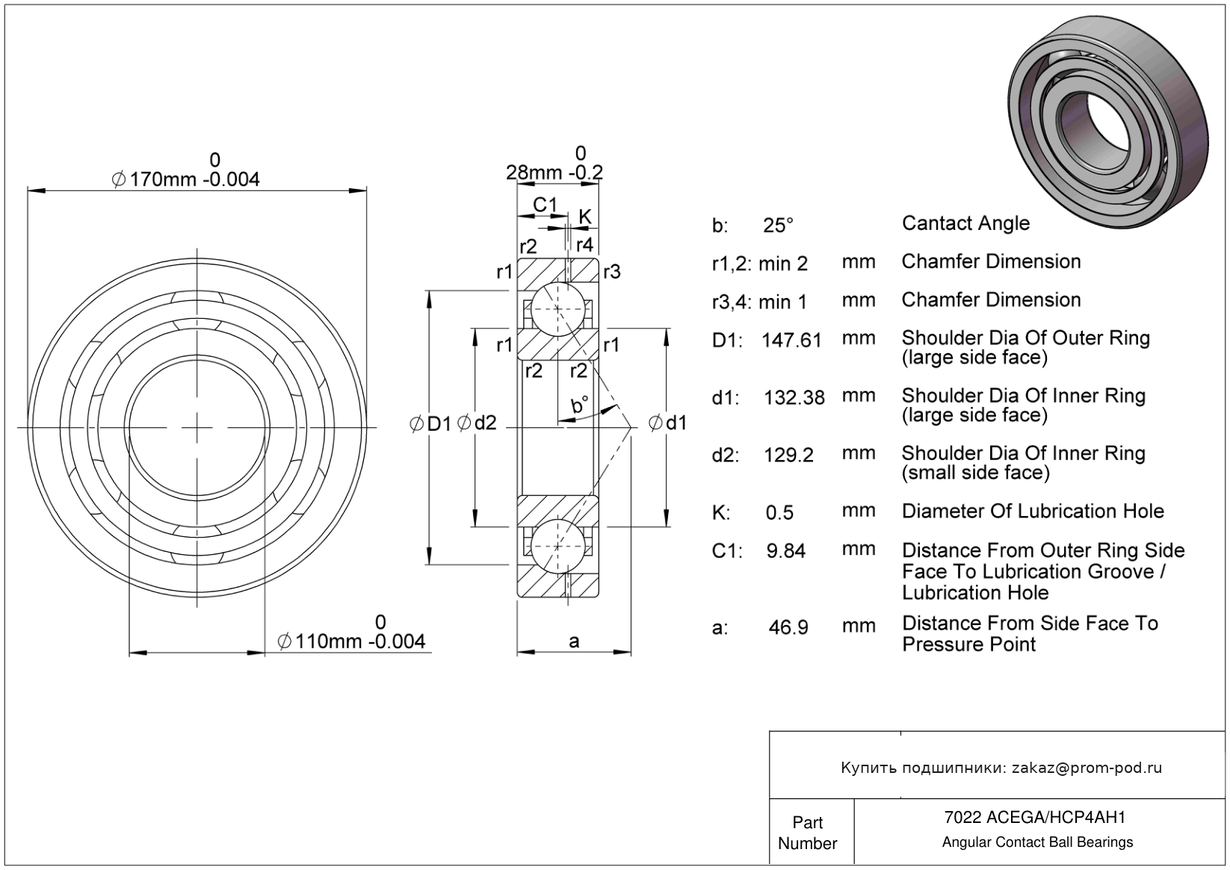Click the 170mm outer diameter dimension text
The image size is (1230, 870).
point(186,179)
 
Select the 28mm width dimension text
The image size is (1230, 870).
point(554,173)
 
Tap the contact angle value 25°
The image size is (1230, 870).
point(778,225)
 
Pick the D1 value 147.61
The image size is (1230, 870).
point(791,341)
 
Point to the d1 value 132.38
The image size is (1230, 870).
point(794,397)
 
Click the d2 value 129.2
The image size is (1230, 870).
point(788,455)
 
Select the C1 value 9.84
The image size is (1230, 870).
point(786,551)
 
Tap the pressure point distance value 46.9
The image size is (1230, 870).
point(788,627)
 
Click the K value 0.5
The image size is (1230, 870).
point(779,513)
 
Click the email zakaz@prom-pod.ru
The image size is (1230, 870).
point(1087,768)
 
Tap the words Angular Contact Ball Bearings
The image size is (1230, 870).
point(1037,842)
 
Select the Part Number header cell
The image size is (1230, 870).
point(808,833)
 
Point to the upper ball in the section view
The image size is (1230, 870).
point(557,309)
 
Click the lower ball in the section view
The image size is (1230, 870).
point(557,546)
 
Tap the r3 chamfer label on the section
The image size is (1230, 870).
point(611,272)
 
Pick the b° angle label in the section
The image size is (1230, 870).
point(579,406)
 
